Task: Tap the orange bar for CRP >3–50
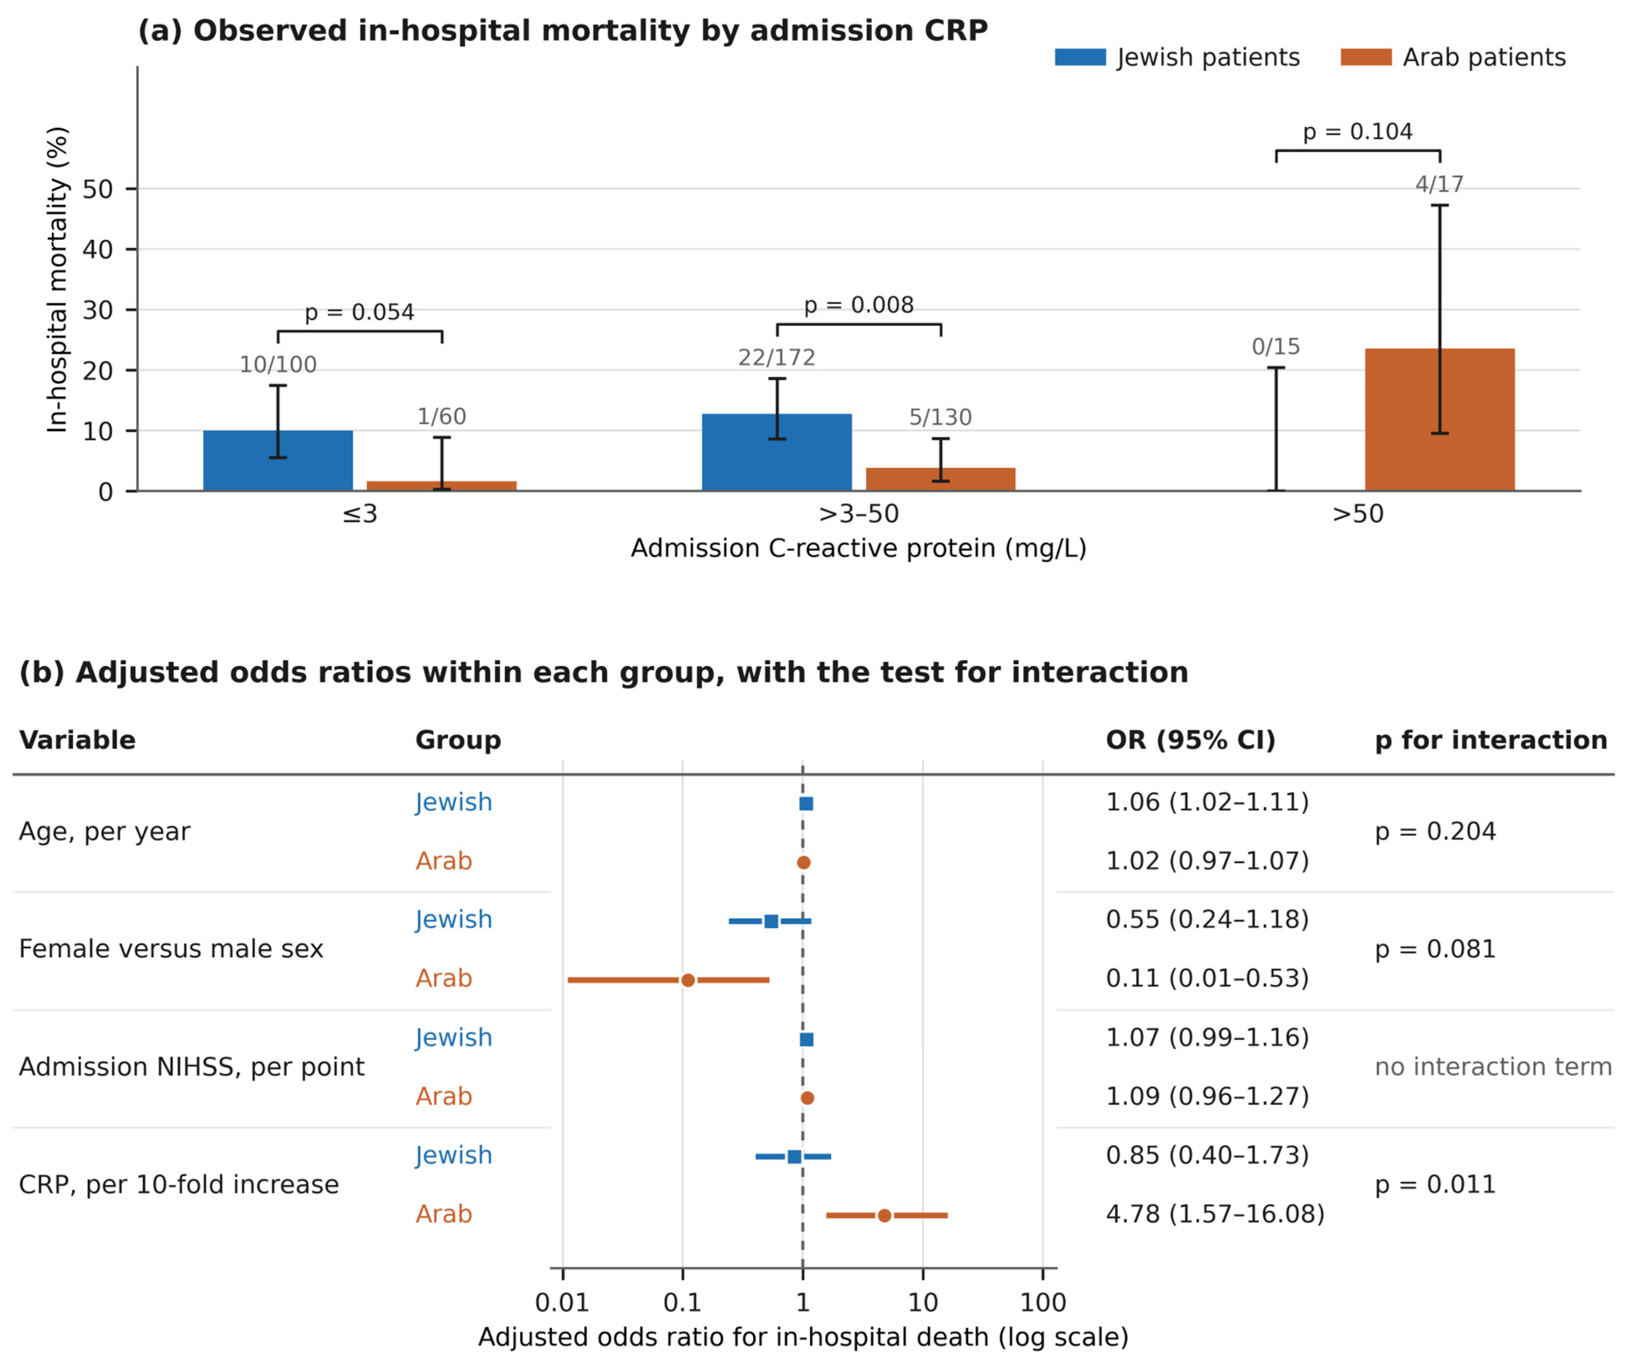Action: [x=941, y=479]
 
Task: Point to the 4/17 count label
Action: [x=1440, y=184]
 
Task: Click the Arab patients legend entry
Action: [x=1454, y=57]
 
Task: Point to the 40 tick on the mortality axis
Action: [x=98, y=250]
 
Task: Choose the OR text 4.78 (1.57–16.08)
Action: [x=1215, y=1214]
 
